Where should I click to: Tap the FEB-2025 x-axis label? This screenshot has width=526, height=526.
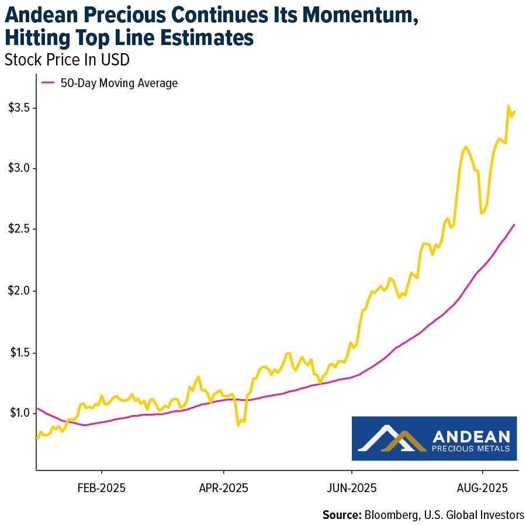tap(102, 487)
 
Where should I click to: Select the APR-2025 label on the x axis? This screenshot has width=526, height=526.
tap(224, 487)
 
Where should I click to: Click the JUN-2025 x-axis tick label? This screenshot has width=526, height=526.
tap(352, 487)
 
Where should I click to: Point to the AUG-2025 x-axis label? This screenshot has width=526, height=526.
tap(483, 487)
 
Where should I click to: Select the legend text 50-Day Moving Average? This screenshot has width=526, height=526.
tap(119, 83)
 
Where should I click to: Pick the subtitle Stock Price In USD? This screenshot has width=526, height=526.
tap(67, 60)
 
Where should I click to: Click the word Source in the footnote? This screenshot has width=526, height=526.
tap(341, 514)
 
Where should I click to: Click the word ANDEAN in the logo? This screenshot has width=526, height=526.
tap(471, 436)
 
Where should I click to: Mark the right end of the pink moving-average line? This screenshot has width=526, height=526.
tap(514, 224)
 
